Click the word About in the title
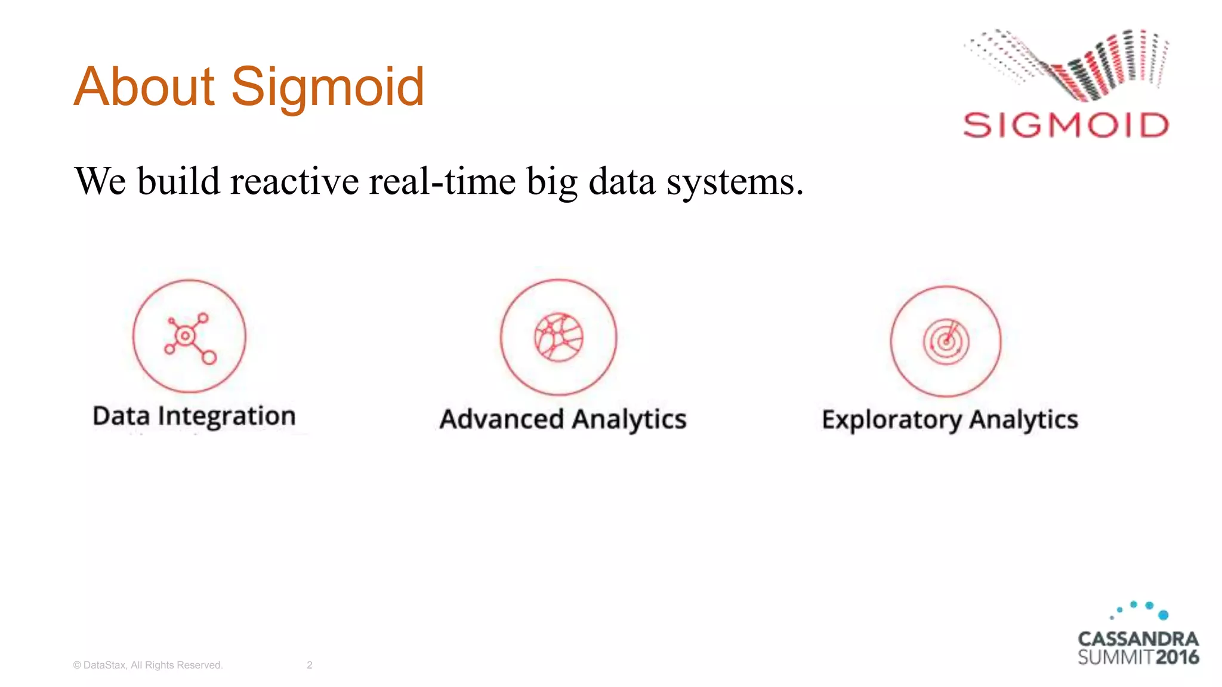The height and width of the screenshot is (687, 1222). point(144,87)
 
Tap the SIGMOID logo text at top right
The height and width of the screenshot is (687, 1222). point(1066,126)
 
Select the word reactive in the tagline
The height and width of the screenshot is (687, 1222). point(294,181)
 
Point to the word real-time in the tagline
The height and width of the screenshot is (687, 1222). point(442,181)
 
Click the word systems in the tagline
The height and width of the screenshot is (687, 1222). point(735,182)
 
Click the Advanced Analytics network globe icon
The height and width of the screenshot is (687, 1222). point(558,337)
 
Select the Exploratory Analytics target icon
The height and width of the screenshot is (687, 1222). point(946,342)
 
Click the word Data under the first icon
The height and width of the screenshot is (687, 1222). point(121,416)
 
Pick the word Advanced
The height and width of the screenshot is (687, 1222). point(501,419)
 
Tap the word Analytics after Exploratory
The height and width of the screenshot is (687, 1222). point(1024,419)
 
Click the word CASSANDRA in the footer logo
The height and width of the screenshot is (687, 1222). point(1138,639)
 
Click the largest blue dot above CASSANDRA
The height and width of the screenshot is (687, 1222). point(1163,615)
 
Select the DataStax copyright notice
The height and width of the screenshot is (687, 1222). point(148,665)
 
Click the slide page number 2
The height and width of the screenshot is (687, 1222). point(309,665)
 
